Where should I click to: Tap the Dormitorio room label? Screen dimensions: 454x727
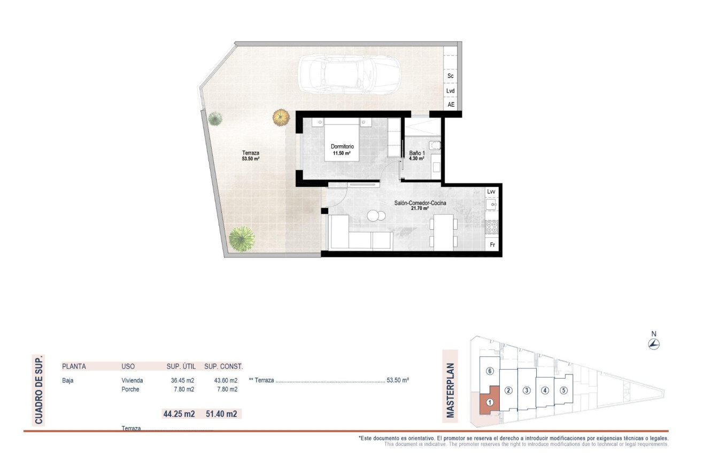tap(342, 150)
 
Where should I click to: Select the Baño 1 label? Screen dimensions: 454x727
tap(416, 155)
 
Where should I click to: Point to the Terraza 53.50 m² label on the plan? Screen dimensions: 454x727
tap(250, 155)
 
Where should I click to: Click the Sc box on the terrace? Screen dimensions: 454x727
tap(451, 76)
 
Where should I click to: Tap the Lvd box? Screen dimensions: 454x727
tap(451, 91)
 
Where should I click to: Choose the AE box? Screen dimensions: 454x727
tap(451, 105)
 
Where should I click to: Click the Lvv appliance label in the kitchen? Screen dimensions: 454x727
tap(491, 191)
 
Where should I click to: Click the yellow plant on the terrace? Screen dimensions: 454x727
tap(280, 117)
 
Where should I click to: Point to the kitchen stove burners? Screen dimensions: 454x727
tap(492, 227)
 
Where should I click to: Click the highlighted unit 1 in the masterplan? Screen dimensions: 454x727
tap(489, 402)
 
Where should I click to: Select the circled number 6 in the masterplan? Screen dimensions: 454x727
tap(489, 371)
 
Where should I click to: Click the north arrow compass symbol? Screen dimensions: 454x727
tap(653, 344)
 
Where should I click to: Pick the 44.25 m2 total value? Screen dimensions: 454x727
tap(177, 413)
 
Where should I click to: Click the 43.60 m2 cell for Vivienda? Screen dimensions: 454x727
tap(222, 380)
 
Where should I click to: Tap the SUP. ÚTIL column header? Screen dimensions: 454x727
tap(180, 366)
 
